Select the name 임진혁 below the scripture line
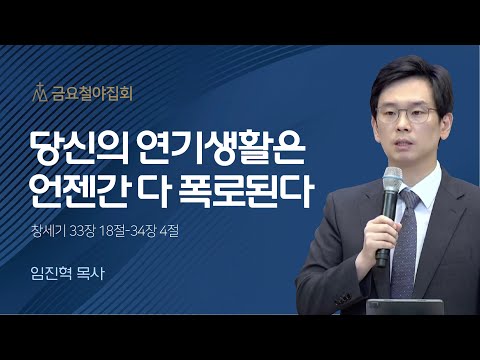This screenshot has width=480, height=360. (52, 283)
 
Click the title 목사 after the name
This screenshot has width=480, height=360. (95, 283)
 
